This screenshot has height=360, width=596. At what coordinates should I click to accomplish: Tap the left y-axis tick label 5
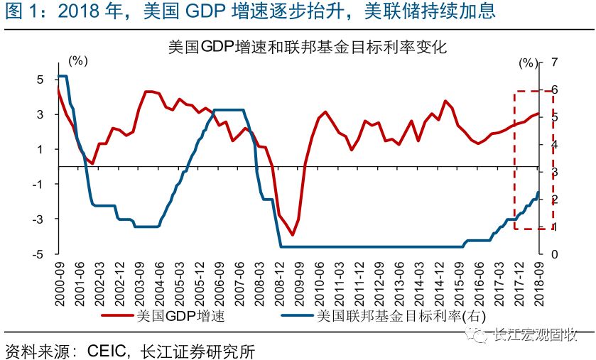(x=40, y=80)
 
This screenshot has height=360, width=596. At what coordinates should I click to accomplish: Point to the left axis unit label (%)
(x=77, y=60)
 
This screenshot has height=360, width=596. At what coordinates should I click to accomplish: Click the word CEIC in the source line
(x=107, y=349)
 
